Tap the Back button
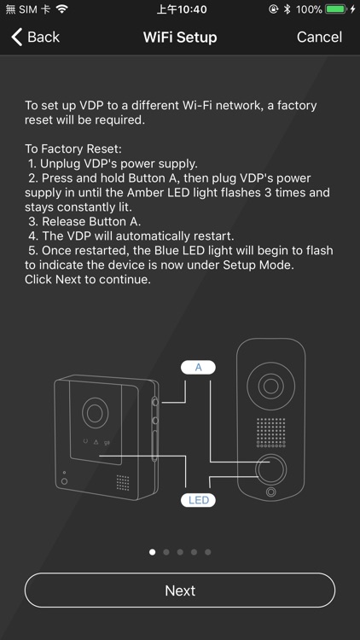coord(35,38)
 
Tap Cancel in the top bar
coord(319,38)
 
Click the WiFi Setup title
coord(180,38)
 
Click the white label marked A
coord(199,367)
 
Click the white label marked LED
coord(199,500)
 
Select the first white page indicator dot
coord(152,552)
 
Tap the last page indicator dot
coord(208,552)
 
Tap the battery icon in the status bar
coord(336,9)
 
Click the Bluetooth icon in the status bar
coord(287,9)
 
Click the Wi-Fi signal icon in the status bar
coord(62,9)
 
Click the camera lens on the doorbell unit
coord(270,386)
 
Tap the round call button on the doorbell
coord(271,469)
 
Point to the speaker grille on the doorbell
coord(271,433)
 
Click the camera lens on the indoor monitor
coord(95,413)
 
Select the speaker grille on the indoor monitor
coord(123,482)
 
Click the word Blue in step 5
coord(167,250)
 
